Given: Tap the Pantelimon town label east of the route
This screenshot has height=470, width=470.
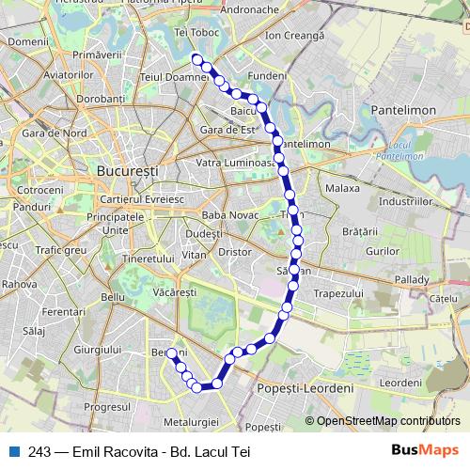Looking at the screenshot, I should tap(403, 110).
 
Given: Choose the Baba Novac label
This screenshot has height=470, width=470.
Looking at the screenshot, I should tap(228, 215).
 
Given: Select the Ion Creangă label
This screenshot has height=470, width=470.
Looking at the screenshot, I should tap(294, 35).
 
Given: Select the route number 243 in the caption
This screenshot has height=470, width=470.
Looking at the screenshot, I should tap(40, 451).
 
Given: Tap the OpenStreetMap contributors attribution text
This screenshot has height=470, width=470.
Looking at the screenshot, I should tap(389, 421).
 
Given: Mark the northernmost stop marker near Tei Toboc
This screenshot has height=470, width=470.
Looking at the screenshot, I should tap(197, 59).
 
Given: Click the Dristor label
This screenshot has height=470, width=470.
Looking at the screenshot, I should tap(233, 252).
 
